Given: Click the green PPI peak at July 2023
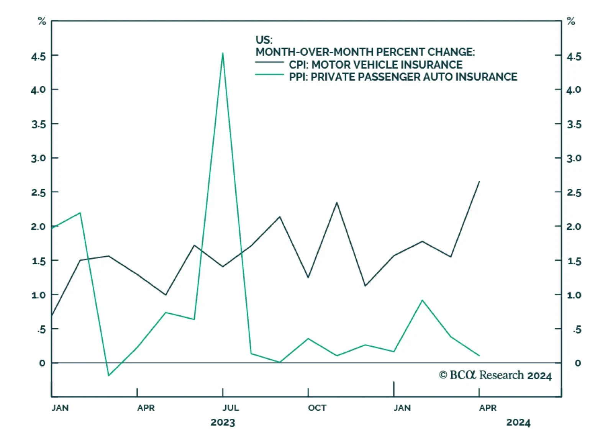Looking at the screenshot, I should click(x=223, y=53).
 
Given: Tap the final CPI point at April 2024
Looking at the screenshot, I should click(x=479, y=182).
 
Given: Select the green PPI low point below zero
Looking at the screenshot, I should click(x=108, y=375).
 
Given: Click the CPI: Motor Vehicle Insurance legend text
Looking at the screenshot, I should click(x=375, y=65).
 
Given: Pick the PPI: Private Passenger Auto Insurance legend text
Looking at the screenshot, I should click(x=403, y=77).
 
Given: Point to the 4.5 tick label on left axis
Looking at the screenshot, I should click(x=38, y=57).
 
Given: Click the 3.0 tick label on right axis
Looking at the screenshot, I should click(x=574, y=158).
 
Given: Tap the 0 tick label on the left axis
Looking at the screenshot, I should click(x=42, y=363).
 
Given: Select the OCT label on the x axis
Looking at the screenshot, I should click(x=317, y=408).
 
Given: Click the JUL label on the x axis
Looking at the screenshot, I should click(x=231, y=408).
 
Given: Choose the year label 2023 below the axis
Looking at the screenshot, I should click(x=223, y=423).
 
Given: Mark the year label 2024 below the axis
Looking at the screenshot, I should click(x=518, y=423).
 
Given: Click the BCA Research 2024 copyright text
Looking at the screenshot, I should click(x=495, y=375).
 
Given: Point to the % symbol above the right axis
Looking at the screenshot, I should click(x=571, y=21).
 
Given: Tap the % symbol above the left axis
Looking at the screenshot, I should click(x=42, y=21).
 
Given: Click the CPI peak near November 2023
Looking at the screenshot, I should click(x=337, y=203).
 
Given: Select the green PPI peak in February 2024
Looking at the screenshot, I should click(x=422, y=300).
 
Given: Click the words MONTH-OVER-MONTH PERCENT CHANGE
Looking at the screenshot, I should click(x=365, y=52).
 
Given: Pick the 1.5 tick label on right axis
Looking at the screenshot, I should click(x=574, y=261).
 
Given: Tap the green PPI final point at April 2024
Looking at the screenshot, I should click(x=479, y=355).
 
